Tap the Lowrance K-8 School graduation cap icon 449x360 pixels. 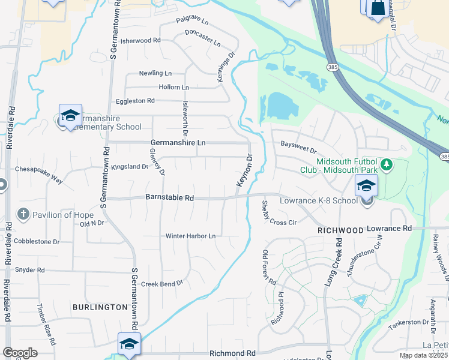point(366,185)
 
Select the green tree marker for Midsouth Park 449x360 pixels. point(387,164)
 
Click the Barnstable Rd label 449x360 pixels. point(170,197)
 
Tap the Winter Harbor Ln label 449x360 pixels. point(190,236)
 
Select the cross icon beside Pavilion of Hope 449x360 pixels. point(23,214)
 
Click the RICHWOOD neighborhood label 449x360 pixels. point(341,230)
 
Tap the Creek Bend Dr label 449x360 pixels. point(161,283)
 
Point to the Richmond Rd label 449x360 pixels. point(232,354)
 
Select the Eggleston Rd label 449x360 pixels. point(131,101)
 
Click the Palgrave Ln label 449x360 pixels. point(192,21)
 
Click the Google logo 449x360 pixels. point(20,353)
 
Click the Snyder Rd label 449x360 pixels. point(29,270)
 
